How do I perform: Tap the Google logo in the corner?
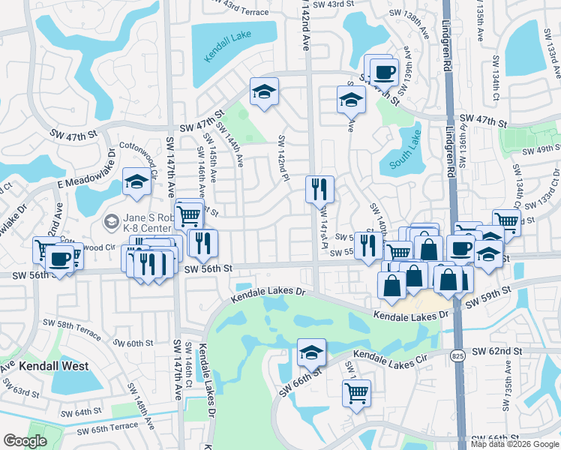point(25,441)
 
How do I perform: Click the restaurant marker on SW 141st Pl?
point(319,190)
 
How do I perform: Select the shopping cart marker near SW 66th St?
point(356,391)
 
